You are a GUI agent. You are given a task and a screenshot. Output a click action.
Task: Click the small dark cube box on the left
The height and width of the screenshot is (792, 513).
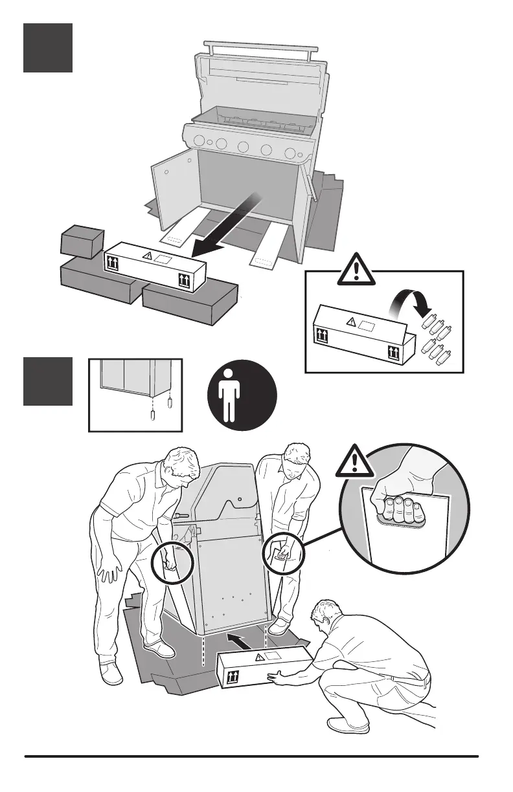coord(82,243)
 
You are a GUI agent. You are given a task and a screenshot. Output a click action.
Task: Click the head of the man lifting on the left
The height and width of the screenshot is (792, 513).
coord(181,467)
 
